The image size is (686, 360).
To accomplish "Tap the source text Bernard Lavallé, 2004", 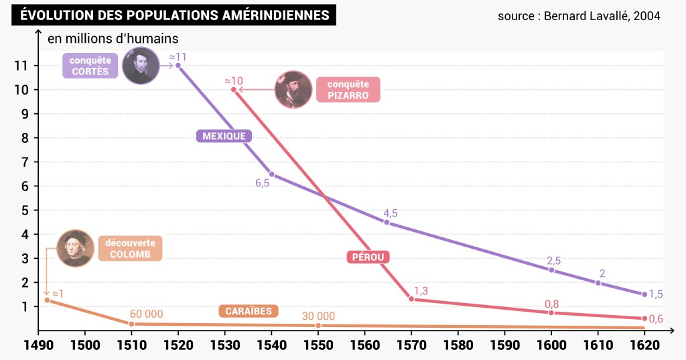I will [579, 15].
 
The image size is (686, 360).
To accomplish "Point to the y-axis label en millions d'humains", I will [113, 38].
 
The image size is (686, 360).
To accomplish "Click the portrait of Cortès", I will [141, 66].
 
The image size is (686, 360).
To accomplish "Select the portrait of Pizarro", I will [293, 90].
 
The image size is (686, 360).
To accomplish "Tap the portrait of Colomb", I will [75, 248].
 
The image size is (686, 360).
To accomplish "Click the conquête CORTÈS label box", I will [89, 66].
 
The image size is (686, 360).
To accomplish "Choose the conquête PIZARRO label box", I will [348, 90].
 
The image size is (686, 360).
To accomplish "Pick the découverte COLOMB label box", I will [130, 249].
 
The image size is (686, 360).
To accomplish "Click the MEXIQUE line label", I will [224, 136].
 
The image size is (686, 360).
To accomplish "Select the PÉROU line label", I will [368, 257].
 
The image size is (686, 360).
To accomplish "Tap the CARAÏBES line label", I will [248, 311].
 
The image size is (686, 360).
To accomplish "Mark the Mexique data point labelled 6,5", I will [271, 174].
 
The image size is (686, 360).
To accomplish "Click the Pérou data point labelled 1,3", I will [411, 299].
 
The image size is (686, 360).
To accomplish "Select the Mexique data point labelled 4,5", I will [387, 222].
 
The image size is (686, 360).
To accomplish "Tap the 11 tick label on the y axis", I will [20, 66].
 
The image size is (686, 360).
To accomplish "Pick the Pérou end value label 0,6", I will [656, 319].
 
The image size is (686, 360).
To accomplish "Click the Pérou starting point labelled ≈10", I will [234, 89].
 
